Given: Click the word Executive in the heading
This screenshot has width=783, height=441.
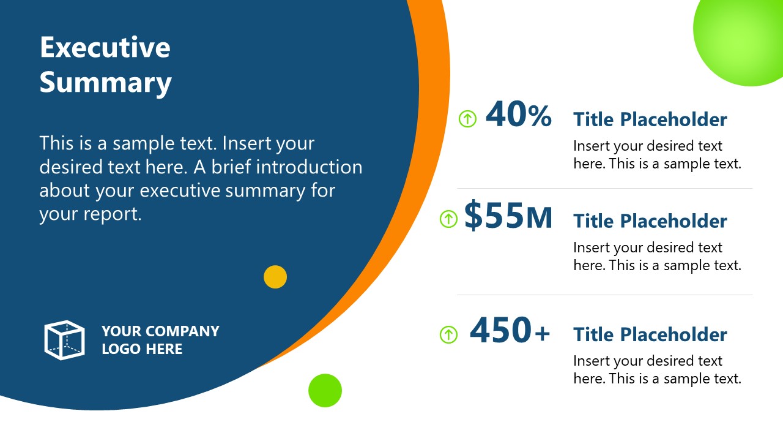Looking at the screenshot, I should pos(105,48).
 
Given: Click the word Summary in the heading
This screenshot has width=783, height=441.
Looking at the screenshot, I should pos(105,83).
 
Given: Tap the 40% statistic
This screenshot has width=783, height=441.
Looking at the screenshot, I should pos(518,115).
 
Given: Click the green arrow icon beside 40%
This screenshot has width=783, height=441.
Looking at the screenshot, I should pos(467,118).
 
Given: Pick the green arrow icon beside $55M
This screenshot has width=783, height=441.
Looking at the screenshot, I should pos(448,219).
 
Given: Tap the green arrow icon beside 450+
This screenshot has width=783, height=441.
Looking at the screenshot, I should pos(448,334).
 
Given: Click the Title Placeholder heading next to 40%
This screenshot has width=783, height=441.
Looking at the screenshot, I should pos(650,119).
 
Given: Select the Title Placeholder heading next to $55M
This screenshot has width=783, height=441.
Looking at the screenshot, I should pos(650,221).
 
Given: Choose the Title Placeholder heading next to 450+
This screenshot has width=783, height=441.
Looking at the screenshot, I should pos(650,334).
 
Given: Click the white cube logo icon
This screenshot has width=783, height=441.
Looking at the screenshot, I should pos(64,340).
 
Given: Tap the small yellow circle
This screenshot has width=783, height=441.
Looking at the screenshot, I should pos(275,277).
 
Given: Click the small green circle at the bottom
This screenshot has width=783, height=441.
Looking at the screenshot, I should pos(325,390).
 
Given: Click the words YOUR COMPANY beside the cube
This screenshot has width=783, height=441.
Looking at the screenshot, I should pos(160,331).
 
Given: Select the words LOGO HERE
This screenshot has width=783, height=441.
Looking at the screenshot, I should pos(142,349).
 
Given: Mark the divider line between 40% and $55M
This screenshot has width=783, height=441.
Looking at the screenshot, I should pos(604,189).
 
